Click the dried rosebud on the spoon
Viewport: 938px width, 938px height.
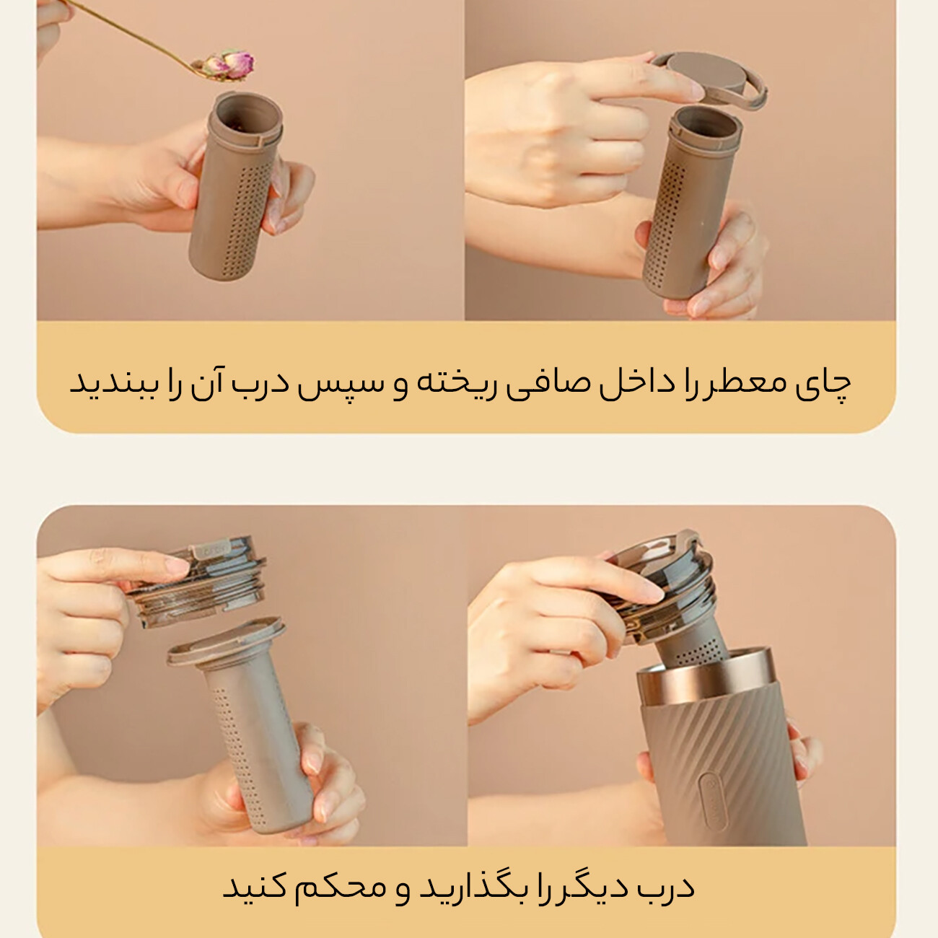[229, 65]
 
